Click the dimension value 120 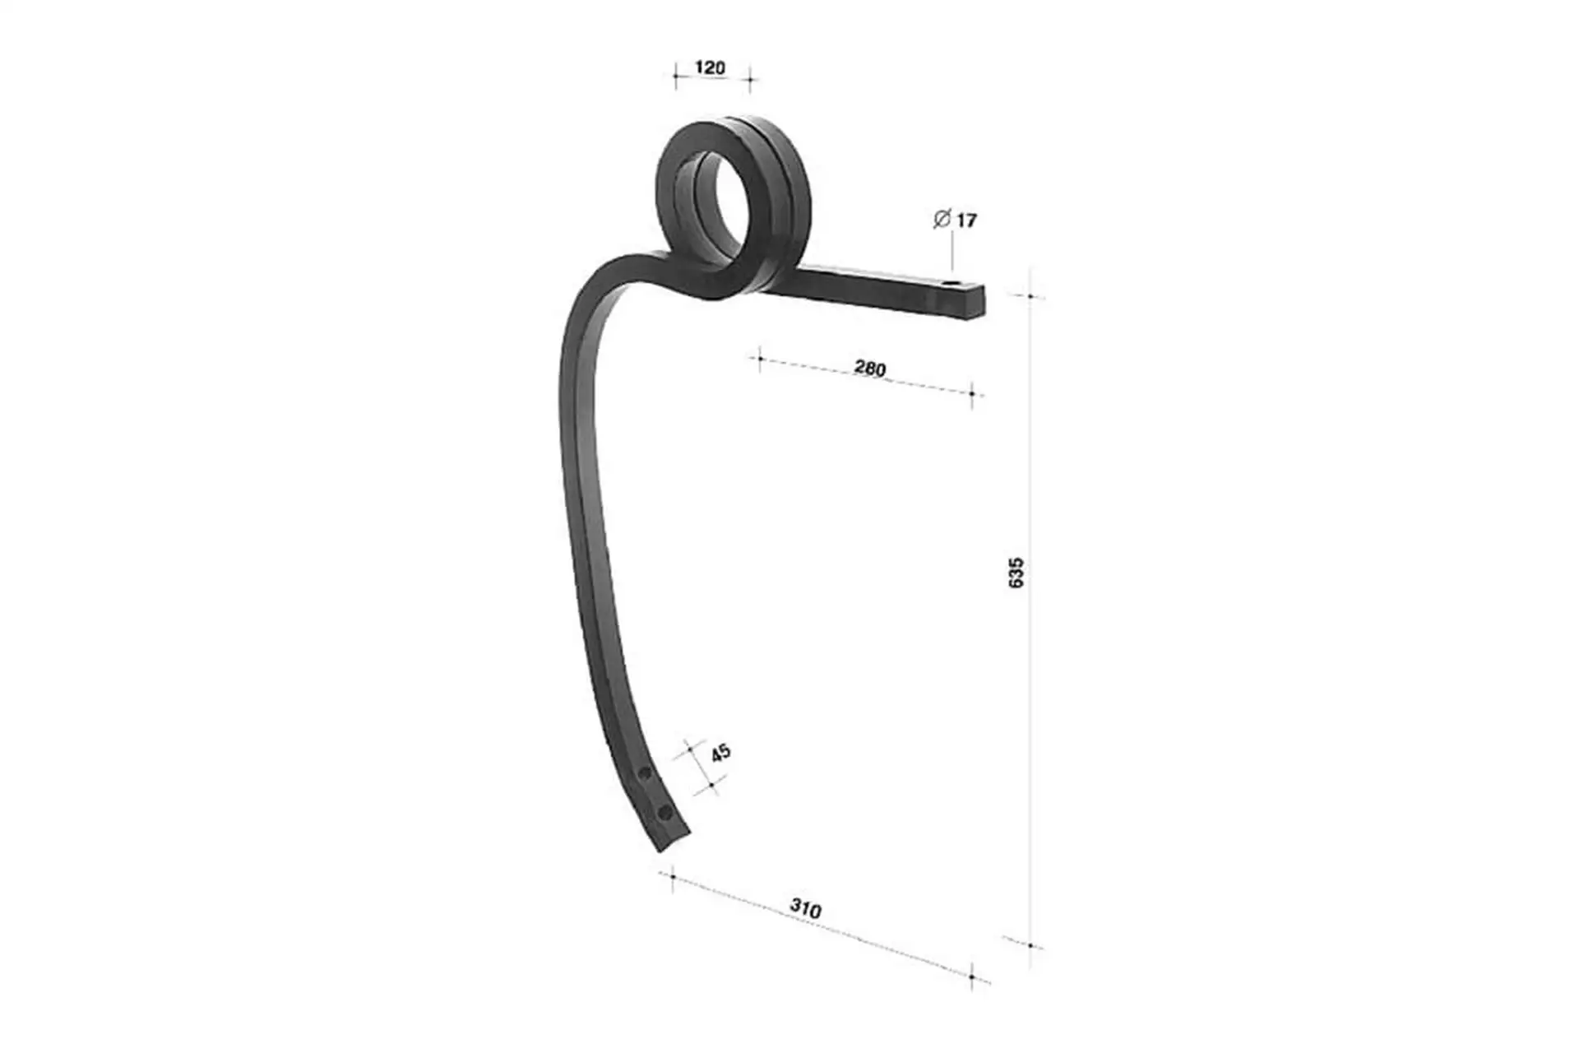pyautogui.click(x=711, y=67)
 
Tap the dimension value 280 pyautogui.click(x=870, y=368)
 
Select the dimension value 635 pyautogui.click(x=1016, y=573)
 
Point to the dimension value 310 pyautogui.click(x=806, y=909)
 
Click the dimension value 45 pyautogui.click(x=720, y=753)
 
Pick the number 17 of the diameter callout pyautogui.click(x=966, y=220)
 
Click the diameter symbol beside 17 pyautogui.click(x=942, y=219)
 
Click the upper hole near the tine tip pyautogui.click(x=646, y=773)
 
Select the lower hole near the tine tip pyautogui.click(x=664, y=814)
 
